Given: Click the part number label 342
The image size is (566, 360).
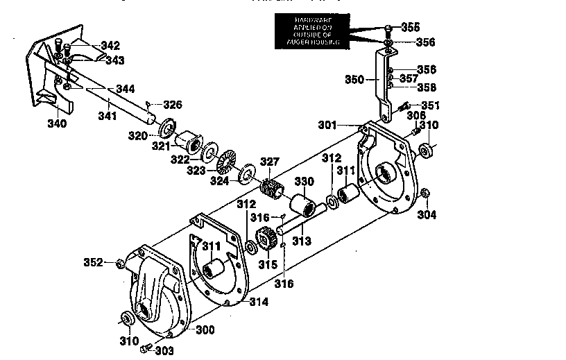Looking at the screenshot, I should click(x=110, y=46).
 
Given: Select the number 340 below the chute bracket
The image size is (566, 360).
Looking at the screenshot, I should click(x=57, y=123).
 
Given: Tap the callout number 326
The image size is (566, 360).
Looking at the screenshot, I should click(x=172, y=105).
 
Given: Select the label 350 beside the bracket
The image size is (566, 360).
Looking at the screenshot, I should click(x=354, y=80).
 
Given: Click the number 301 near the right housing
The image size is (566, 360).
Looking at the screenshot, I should click(x=329, y=126).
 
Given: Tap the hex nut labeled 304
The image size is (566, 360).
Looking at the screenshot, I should click(x=426, y=193).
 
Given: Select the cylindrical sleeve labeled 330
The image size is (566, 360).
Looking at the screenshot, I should click(x=302, y=206).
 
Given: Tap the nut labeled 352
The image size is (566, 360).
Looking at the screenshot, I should click(x=119, y=263).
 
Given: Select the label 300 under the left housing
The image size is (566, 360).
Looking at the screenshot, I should click(x=205, y=329).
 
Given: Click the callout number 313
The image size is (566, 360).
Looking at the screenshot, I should click(x=302, y=240).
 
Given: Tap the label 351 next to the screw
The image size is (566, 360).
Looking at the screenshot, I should click(x=431, y=105).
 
